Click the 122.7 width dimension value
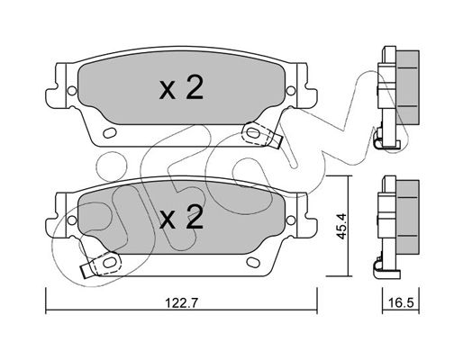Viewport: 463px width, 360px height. (181, 303)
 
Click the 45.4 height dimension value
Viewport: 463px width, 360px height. (341, 226)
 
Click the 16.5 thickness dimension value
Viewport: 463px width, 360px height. (401, 303)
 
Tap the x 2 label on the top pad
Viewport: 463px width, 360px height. (181, 87)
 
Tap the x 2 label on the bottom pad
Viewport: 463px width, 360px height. (181, 217)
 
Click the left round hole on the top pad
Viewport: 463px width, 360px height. (72, 91)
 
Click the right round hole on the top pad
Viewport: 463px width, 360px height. (291, 91)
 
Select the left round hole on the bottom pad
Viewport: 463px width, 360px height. (72, 220)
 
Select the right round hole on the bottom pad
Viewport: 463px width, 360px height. (291, 220)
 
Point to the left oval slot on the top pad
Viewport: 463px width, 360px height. (110, 132)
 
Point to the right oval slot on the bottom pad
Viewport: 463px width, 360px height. (253, 262)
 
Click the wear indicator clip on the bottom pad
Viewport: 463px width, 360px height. (101, 264)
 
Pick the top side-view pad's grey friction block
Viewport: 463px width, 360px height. (407, 87)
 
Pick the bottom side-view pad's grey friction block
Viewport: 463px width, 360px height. (407, 217)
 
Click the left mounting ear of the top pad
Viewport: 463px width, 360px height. (57, 85)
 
